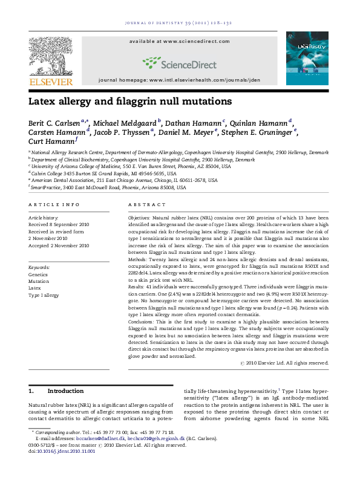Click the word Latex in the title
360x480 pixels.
point(43,102)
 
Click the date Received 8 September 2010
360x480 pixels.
point(61,224)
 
